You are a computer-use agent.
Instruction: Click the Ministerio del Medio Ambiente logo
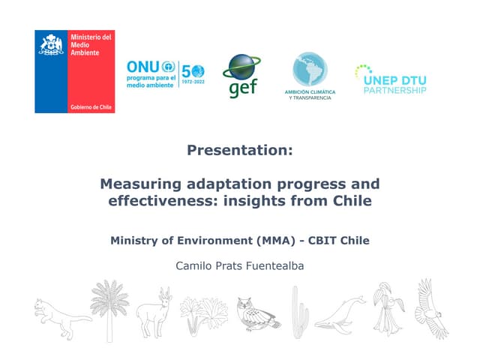[x=73, y=71]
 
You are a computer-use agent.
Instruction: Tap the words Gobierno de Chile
[x=91, y=107]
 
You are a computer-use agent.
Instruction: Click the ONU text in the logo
[x=142, y=67]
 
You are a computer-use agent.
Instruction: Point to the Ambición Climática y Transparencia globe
[x=310, y=70]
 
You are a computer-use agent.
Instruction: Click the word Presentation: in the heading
[x=239, y=150]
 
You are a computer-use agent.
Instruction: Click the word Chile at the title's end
[x=351, y=201]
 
